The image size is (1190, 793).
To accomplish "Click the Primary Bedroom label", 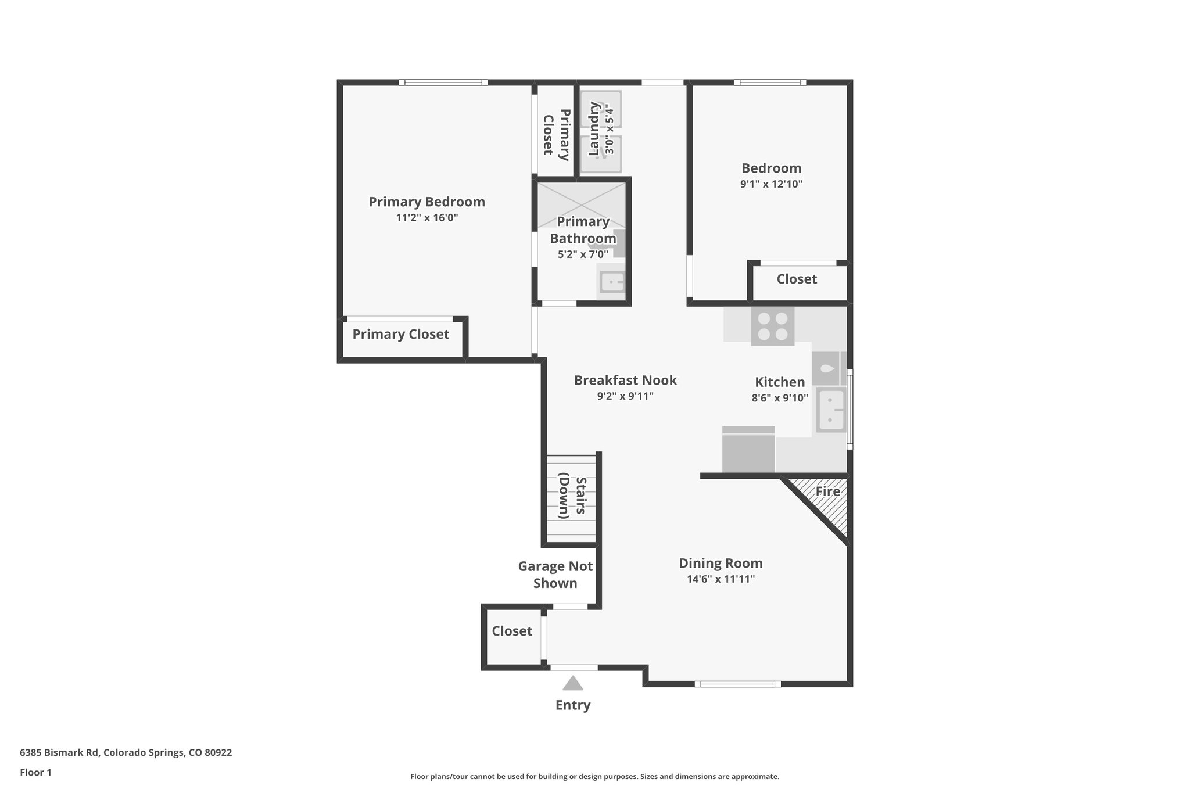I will [426, 202].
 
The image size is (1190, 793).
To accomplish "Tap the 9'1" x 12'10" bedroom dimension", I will [771, 184].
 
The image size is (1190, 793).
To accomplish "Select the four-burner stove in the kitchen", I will [772, 326].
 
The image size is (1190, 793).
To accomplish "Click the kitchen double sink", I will [831, 410].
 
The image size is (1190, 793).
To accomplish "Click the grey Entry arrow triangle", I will [573, 684].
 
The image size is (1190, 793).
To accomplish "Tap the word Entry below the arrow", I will [573, 705].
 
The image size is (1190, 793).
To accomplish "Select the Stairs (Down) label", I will [571, 497].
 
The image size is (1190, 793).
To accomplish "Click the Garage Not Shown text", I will [555, 575].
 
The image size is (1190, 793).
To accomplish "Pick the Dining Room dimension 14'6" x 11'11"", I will [721, 579].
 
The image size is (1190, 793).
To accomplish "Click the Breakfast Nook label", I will [625, 380].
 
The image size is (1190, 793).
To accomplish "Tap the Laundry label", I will [594, 129].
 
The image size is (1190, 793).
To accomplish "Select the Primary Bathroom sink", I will [611, 282].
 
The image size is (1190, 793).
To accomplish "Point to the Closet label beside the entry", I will [512, 631].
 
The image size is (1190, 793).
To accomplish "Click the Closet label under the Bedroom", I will [797, 279].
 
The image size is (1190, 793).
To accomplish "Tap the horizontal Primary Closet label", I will [400, 334].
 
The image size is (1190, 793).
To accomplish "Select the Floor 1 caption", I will [35, 772].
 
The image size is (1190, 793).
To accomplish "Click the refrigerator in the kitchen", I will [748, 450].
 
